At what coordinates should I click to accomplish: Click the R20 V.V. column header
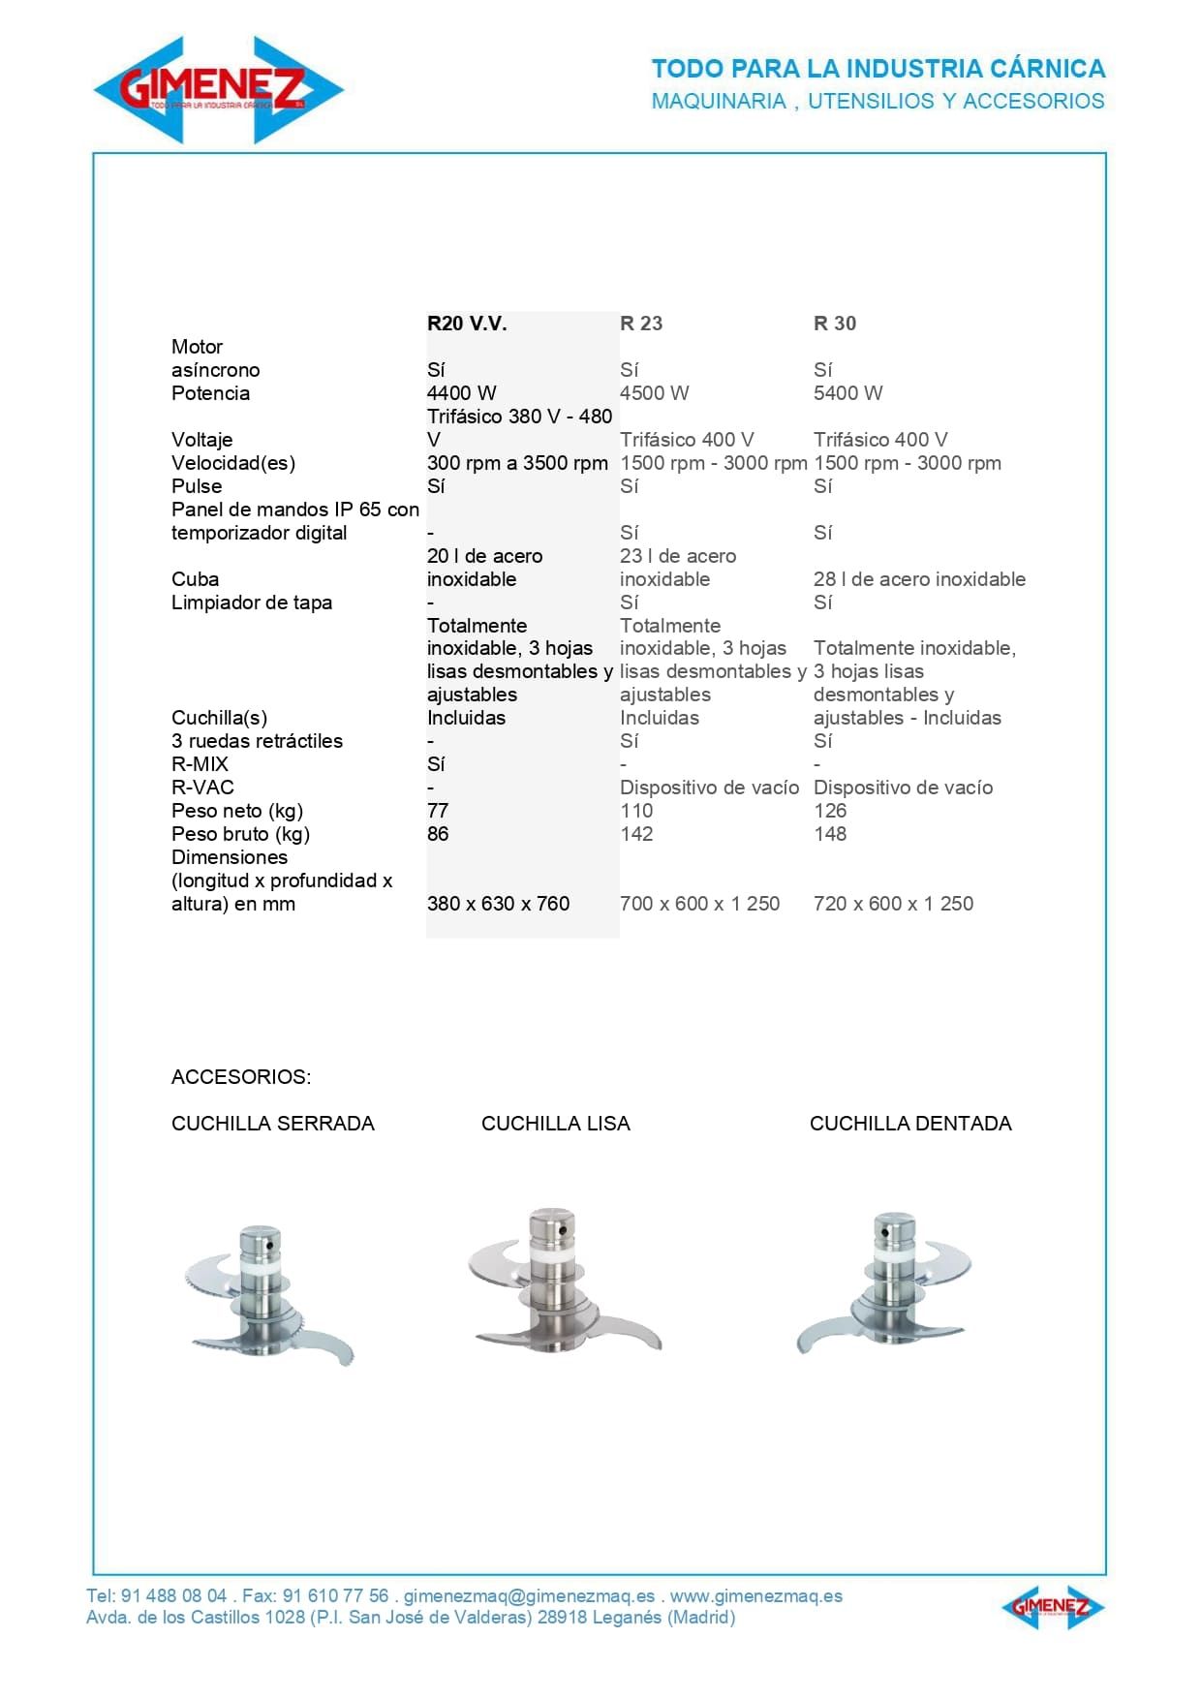(467, 324)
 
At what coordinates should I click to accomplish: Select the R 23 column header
(641, 324)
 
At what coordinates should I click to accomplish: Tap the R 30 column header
(835, 324)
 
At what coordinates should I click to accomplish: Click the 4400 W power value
(461, 393)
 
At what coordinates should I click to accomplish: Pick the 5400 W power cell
(848, 393)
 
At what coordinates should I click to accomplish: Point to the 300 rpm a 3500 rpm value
(517, 463)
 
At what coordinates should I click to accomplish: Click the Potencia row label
(210, 393)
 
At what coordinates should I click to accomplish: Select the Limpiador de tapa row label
(252, 603)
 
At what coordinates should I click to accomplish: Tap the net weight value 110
(636, 811)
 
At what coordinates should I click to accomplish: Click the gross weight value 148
(830, 834)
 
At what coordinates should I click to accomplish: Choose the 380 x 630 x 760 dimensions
(498, 904)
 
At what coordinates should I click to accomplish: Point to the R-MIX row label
(200, 764)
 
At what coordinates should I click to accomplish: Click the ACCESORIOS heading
(241, 1077)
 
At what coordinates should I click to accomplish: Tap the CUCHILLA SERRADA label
(272, 1124)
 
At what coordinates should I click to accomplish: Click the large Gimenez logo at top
(219, 90)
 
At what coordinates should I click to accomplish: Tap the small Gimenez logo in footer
(1052, 1608)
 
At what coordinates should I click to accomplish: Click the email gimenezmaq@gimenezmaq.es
(529, 1596)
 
